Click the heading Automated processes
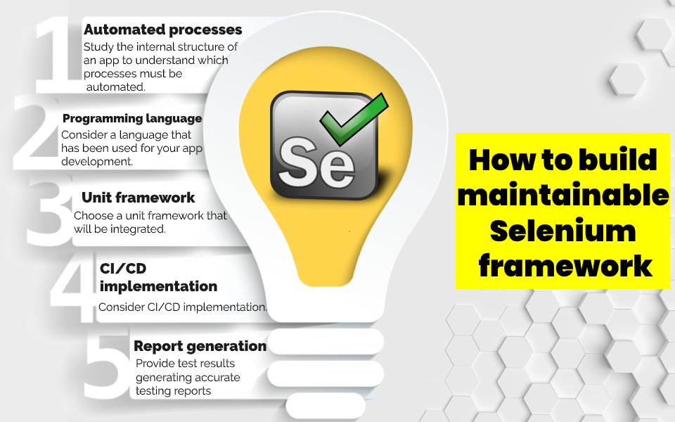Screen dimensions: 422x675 pyautogui.click(x=162, y=30)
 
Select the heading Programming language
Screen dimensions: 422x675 pyautogui.click(x=132, y=118)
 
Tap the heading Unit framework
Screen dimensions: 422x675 pyautogui.click(x=138, y=198)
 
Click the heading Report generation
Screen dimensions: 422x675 pyautogui.click(x=200, y=346)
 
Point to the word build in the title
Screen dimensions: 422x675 pyautogui.click(x=616, y=160)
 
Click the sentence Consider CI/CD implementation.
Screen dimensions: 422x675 pyautogui.click(x=183, y=307)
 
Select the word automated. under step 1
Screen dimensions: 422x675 pyautogui.click(x=115, y=87)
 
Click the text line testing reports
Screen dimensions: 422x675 pyautogui.click(x=173, y=391)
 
